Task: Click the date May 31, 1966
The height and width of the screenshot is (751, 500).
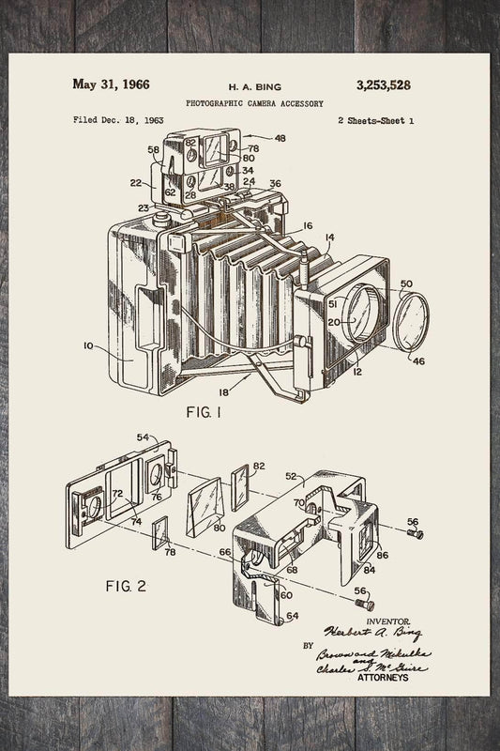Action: click(114, 84)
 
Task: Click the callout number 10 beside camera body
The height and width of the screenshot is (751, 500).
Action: click(87, 346)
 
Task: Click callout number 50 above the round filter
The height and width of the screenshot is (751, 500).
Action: click(406, 283)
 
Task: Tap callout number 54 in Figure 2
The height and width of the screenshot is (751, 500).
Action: click(143, 438)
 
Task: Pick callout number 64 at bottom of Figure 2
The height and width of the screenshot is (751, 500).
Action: click(292, 616)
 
